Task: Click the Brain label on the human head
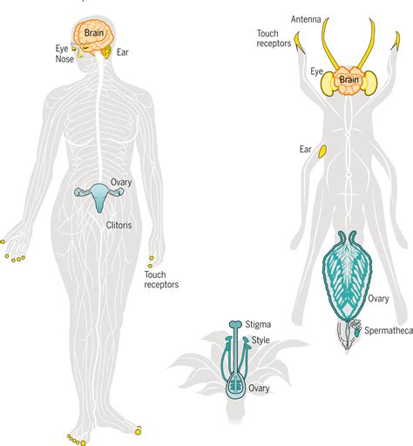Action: [x=94, y=32]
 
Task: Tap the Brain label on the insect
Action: [x=349, y=79]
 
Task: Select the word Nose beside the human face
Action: [x=64, y=58]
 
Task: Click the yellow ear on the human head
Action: [x=107, y=51]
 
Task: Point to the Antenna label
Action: [x=306, y=19]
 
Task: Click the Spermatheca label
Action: [x=389, y=330]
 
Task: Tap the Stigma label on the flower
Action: [x=258, y=324]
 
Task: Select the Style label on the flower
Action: [x=261, y=340]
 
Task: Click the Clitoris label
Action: [x=118, y=225]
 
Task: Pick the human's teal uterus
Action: [x=99, y=196]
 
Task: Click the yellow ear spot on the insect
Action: [x=322, y=152]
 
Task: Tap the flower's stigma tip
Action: [x=235, y=324]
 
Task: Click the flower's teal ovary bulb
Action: [x=237, y=387]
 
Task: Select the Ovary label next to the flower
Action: [x=259, y=389]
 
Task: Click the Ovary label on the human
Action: [x=121, y=182]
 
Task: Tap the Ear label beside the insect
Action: [x=305, y=149]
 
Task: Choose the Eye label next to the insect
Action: [x=316, y=71]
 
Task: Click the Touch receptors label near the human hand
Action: [x=161, y=280]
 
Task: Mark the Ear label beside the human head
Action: [x=123, y=52]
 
